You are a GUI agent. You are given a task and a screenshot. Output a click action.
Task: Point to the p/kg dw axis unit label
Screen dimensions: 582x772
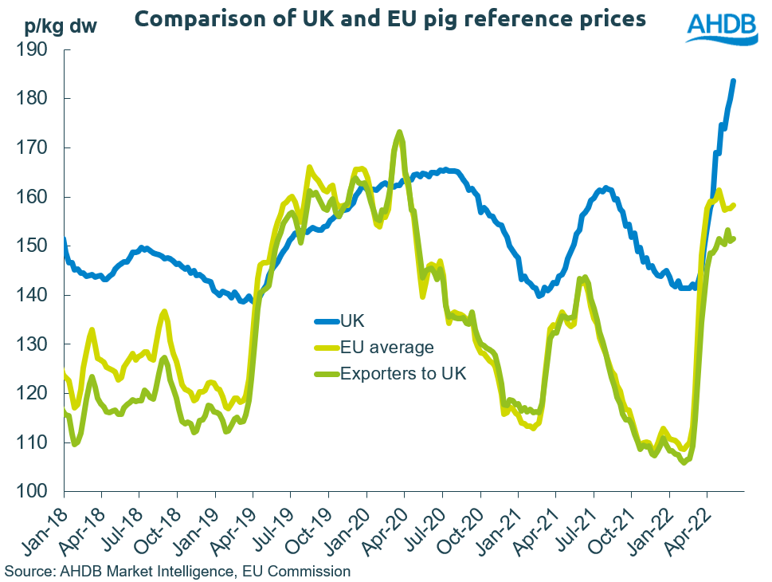tap(52, 26)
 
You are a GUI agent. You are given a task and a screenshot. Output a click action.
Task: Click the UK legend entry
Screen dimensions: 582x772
tap(351, 320)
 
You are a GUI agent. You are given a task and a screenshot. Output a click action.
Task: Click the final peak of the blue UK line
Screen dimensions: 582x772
tap(733, 81)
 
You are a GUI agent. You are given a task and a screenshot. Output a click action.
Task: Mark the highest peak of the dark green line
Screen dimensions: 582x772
tap(399, 132)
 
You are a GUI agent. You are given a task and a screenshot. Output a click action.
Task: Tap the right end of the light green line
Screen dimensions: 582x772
tap(734, 205)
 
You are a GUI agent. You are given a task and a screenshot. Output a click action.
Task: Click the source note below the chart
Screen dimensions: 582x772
tap(177, 571)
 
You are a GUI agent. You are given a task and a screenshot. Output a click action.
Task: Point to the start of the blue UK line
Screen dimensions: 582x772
tap(65, 240)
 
